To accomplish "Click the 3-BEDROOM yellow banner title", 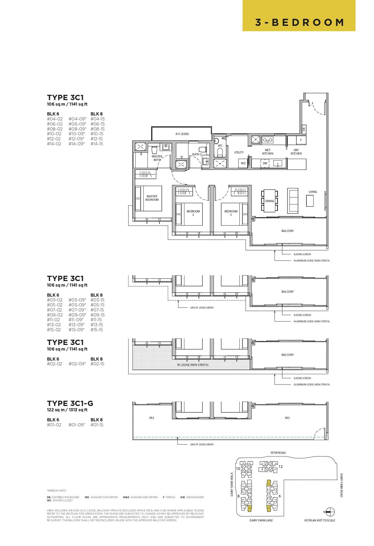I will (299, 22).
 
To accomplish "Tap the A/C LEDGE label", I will (182, 134).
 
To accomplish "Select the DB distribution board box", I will (304, 129).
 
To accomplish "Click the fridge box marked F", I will (301, 140).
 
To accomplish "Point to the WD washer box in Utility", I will (243, 163).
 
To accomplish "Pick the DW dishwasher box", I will (265, 163).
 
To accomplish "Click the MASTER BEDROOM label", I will (152, 198).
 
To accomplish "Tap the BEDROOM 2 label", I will (193, 213).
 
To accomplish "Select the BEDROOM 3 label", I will (231, 213).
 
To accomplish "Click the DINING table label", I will (270, 201).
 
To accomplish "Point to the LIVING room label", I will (313, 192).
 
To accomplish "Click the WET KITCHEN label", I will (268, 152).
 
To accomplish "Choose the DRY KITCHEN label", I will (296, 152).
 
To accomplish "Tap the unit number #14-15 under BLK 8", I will (97, 144).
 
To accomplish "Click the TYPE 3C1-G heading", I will (70, 403).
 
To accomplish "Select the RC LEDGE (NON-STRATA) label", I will (193, 365).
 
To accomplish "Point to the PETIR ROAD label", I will (278, 453).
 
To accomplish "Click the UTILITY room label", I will (239, 152).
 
